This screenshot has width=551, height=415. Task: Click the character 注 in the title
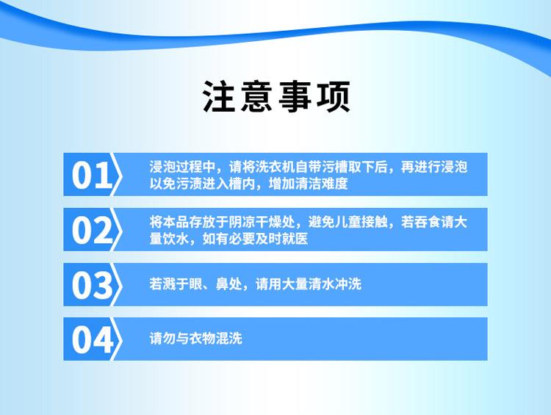(x=219, y=97)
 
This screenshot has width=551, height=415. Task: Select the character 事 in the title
(x=295, y=97)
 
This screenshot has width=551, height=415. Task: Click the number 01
(x=91, y=176)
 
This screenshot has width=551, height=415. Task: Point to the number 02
(x=92, y=230)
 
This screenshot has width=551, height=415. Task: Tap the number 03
(x=92, y=285)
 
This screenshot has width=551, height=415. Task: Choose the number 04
(x=93, y=340)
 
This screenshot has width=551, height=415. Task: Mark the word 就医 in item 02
(x=295, y=239)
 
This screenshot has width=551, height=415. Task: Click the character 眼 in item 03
(x=195, y=284)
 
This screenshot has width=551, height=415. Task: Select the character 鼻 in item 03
(x=222, y=284)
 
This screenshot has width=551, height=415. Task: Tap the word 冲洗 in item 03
(x=348, y=284)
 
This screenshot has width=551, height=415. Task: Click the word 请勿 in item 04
(x=162, y=339)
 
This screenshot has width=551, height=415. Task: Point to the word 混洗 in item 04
(x=228, y=339)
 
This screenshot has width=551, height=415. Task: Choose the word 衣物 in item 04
(x=202, y=339)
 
